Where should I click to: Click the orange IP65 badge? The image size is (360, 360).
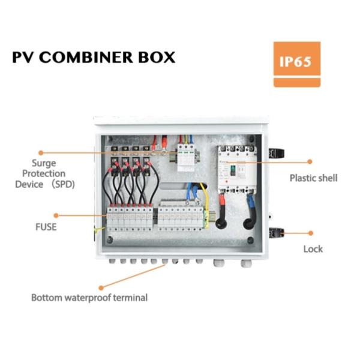tap(296, 63)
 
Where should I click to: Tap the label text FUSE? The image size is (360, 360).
tap(46, 227)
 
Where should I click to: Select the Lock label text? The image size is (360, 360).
tap(313, 248)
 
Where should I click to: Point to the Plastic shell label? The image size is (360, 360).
tap(313, 178)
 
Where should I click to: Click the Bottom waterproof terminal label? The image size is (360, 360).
tap(89, 297)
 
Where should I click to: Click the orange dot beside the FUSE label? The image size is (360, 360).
tap(56, 214)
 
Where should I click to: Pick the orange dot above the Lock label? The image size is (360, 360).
tap(311, 233)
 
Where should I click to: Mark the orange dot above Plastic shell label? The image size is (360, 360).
tap(311, 161)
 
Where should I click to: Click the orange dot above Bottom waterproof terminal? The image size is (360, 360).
tap(101, 288)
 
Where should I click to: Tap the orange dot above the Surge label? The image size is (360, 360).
tap(41, 153)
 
